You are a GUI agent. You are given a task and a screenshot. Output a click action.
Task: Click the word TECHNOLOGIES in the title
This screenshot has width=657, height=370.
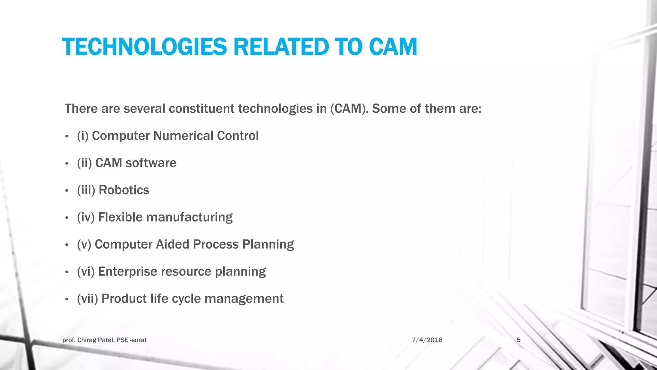[144, 47]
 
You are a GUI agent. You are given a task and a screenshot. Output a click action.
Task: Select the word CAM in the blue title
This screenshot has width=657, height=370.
[393, 47]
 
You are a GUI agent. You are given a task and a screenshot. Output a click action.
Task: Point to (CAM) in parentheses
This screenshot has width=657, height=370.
[349, 109]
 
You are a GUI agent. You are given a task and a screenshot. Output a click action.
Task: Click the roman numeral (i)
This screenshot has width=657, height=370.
[83, 136]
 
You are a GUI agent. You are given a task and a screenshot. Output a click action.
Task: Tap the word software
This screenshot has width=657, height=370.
[151, 163]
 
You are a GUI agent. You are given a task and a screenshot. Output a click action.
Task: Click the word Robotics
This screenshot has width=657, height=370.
[124, 190]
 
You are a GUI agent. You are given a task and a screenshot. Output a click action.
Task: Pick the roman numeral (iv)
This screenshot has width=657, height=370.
[86, 217]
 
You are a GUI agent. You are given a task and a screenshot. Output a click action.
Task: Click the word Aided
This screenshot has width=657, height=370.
[173, 244]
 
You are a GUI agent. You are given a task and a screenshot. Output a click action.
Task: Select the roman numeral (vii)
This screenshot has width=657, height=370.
[87, 299]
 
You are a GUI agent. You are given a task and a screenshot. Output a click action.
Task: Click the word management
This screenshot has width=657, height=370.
[244, 299]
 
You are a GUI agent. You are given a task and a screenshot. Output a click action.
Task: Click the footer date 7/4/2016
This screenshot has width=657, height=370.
[427, 340]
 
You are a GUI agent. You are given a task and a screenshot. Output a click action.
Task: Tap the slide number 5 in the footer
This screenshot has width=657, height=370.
[518, 340]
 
